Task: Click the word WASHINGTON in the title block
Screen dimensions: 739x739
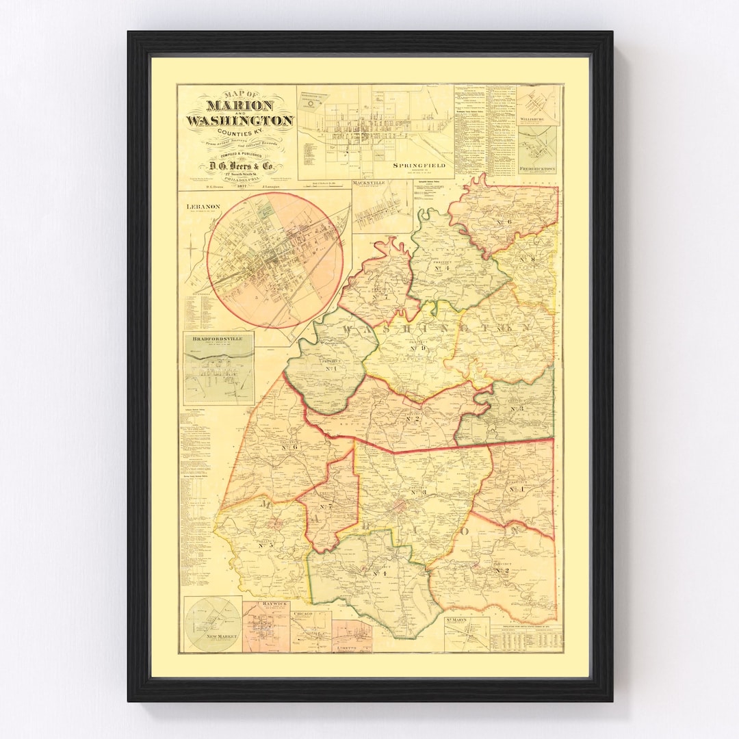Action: point(239,121)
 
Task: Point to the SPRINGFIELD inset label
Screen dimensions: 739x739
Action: point(419,166)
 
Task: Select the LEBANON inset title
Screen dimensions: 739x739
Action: point(197,205)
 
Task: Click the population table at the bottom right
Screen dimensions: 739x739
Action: point(526,639)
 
